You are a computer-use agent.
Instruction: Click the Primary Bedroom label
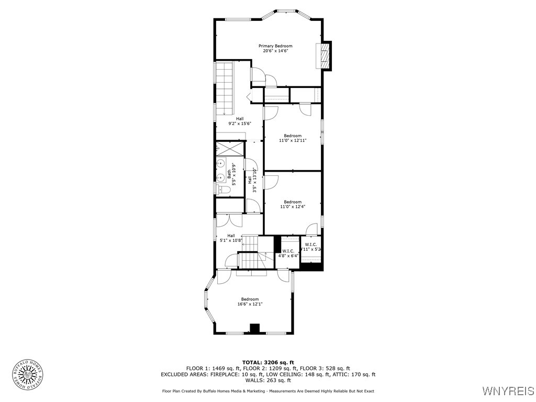(275, 46)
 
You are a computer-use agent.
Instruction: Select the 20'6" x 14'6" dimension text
(275, 51)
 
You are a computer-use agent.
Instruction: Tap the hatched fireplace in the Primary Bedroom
(325, 55)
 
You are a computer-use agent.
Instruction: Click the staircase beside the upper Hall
(225, 88)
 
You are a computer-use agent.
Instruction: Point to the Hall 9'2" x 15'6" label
(239, 121)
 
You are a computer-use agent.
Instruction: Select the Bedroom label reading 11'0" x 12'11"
(293, 138)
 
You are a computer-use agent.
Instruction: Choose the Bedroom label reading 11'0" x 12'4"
(293, 204)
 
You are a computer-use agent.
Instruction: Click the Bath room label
(229, 176)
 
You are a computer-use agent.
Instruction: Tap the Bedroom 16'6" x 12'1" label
(250, 301)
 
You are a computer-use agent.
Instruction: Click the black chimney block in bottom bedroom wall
(254, 329)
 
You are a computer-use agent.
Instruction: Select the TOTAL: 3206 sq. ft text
(268, 362)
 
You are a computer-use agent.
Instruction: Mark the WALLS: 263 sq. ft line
(268, 380)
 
